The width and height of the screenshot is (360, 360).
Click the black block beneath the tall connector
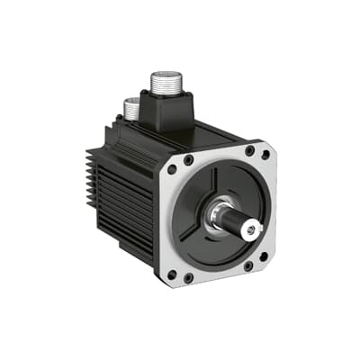click(168, 115)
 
